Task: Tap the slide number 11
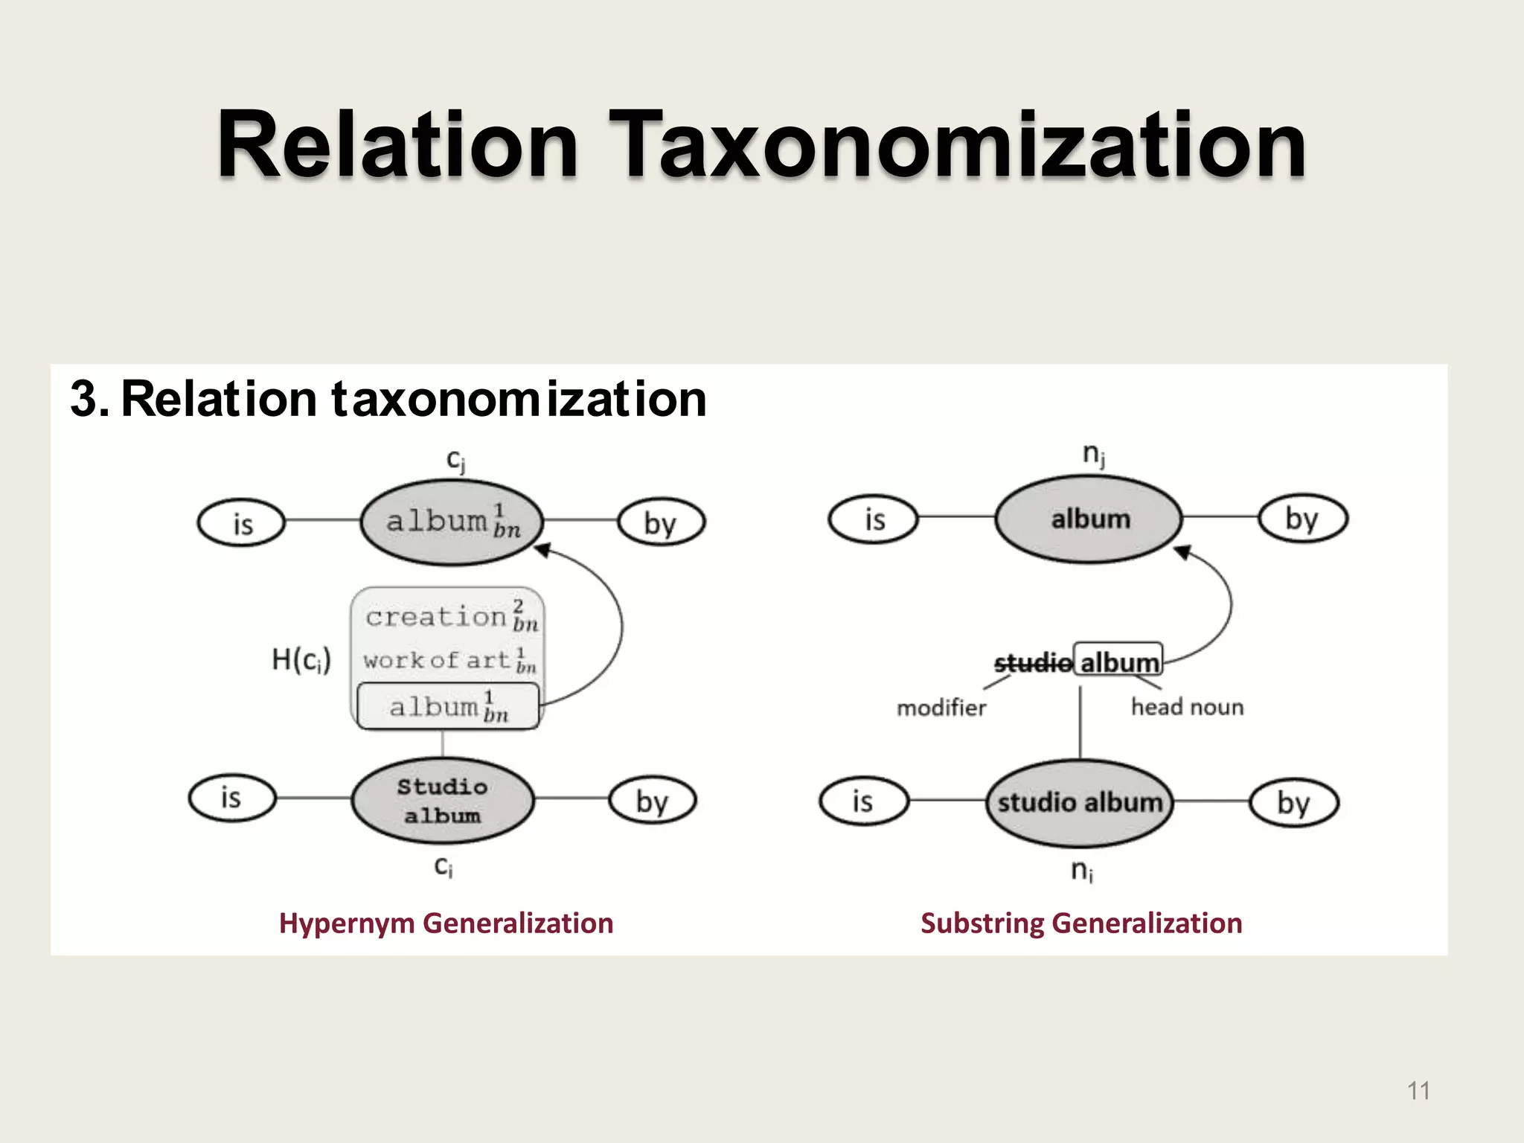tap(1418, 1091)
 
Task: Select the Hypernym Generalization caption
tap(446, 923)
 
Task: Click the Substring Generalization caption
tap(1081, 923)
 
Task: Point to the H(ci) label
tap(301, 659)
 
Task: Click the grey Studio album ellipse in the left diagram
tap(443, 801)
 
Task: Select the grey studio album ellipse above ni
tap(1080, 802)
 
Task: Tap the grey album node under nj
tap(1089, 519)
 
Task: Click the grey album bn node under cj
tap(452, 522)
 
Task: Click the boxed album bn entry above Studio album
tap(448, 706)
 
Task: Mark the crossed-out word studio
tap(1033, 662)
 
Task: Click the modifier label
tap(941, 707)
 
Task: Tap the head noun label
tap(1187, 706)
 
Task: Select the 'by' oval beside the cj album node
tap(661, 522)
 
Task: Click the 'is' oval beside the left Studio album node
tap(231, 798)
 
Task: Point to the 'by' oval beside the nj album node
tap(1302, 519)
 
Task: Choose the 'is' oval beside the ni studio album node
tap(863, 802)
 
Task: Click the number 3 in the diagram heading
tap(84, 399)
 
